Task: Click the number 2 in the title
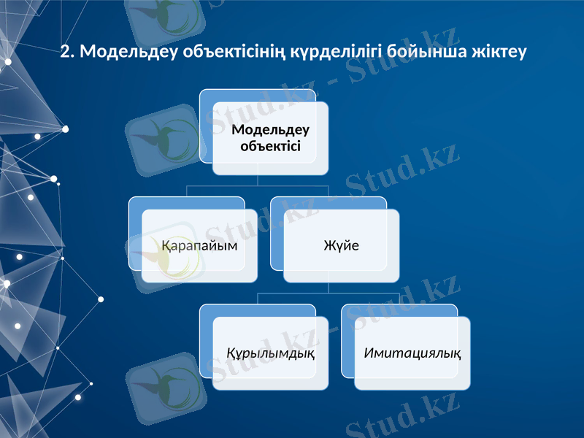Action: point(65,52)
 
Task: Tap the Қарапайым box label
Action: point(199,245)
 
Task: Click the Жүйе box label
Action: point(342,245)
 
